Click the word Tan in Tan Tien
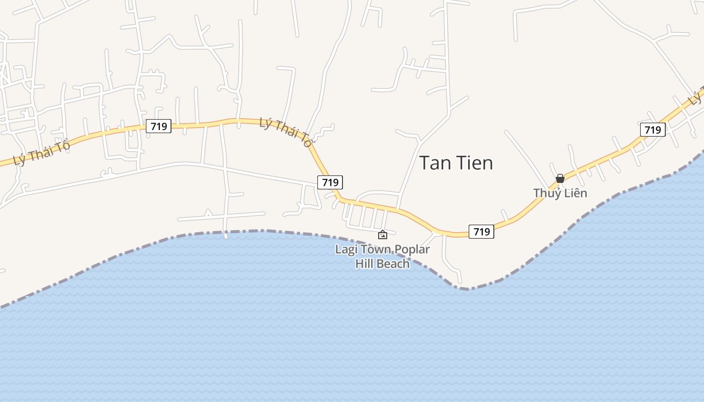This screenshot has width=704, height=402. (435, 163)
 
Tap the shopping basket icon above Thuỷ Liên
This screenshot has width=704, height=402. (560, 178)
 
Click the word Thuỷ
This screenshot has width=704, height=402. (547, 193)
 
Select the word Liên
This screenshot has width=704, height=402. (575, 193)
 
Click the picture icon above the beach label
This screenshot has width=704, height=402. (383, 235)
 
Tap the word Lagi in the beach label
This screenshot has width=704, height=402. (346, 250)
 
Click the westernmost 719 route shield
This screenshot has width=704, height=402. (158, 126)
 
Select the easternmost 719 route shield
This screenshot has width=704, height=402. (653, 130)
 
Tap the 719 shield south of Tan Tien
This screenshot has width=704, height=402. (481, 231)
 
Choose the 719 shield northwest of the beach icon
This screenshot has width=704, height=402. (330, 182)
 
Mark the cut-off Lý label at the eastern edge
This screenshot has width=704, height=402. (696, 97)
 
